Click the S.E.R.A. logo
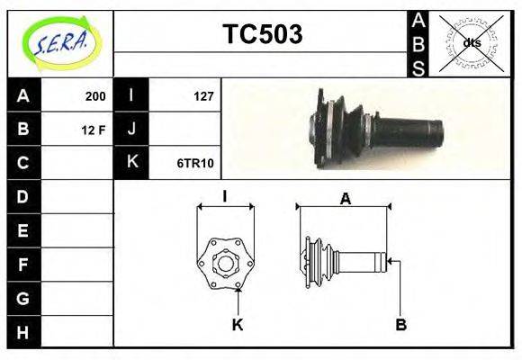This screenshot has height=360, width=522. point(60,42)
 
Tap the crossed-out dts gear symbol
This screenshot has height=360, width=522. point(471,42)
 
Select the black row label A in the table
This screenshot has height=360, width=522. point(23,95)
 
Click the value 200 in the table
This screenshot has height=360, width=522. point(94,96)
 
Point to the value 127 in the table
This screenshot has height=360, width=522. point(203,96)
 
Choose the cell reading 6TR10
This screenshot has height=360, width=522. point(195,163)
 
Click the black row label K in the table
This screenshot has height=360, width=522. point(131,163)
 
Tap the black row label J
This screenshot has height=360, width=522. point(131,130)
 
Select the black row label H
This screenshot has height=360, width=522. point(23,332)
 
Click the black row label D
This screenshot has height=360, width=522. point(23,196)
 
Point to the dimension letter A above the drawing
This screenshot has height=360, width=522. point(345,200)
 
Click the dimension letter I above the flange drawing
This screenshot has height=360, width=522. point(225,196)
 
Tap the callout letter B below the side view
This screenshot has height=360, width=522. point(401,324)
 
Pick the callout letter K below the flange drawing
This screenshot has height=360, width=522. point(238,324)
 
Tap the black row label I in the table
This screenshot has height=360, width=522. point(131,95)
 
